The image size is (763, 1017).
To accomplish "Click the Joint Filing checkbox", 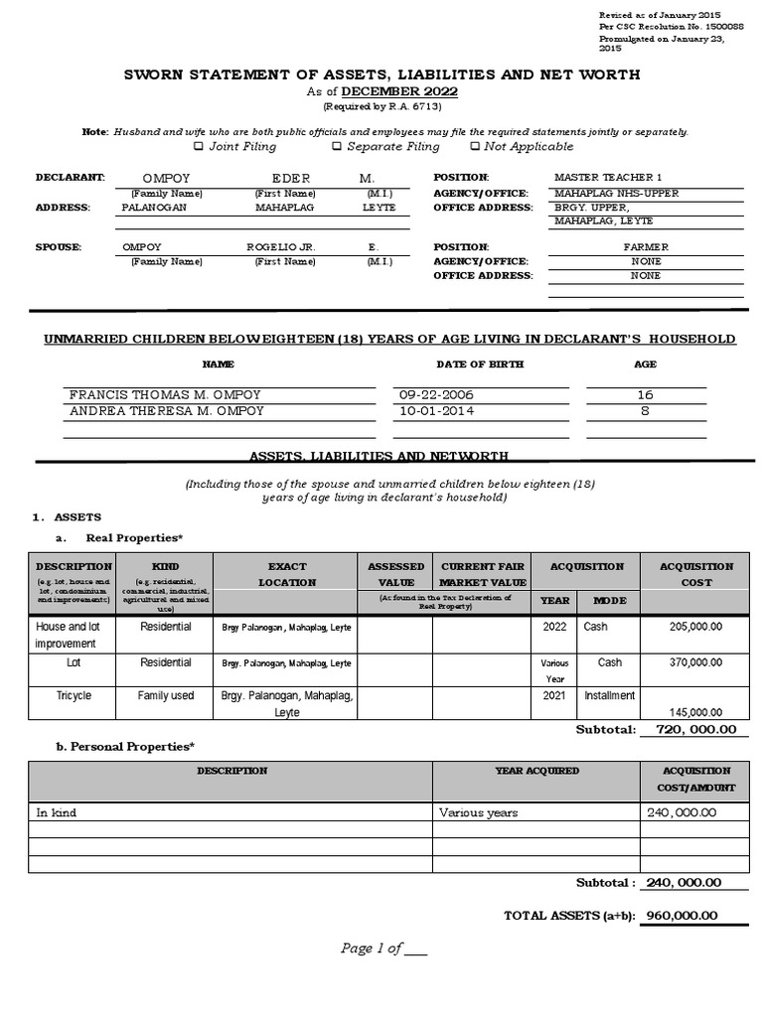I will [199, 147].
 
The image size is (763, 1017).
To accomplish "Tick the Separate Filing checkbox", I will [337, 147].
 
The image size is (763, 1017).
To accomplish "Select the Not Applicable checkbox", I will [475, 147].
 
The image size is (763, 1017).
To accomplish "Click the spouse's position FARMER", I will [646, 246].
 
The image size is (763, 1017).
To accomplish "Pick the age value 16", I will [646, 395].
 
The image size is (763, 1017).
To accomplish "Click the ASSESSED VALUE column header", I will [395, 574].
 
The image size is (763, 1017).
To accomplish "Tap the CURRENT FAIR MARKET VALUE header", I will [483, 574].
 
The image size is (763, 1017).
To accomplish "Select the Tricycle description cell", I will [72, 696].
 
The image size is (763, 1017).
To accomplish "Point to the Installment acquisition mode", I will [610, 696].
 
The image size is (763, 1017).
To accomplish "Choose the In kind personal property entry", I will [57, 812].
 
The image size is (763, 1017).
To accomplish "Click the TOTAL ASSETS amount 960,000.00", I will [683, 916].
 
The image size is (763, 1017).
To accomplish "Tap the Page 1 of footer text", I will [383, 948].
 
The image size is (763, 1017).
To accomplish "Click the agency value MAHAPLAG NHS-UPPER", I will [616, 193].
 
